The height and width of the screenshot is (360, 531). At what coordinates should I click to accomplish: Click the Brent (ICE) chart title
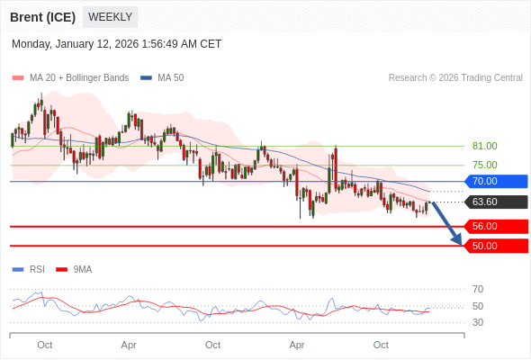[x=41, y=17]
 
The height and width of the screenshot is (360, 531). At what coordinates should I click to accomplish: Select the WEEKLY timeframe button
[x=110, y=17]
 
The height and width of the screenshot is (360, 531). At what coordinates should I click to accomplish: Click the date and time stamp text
[x=116, y=44]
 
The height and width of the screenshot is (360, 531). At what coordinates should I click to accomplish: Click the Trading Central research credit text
[x=455, y=78]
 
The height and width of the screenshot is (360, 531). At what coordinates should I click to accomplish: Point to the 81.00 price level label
[x=484, y=146]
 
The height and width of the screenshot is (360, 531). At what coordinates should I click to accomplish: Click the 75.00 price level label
[x=484, y=165]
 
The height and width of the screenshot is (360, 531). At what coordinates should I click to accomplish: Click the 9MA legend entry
[x=82, y=269]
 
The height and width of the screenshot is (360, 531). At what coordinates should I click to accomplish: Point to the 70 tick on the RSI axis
[x=478, y=289]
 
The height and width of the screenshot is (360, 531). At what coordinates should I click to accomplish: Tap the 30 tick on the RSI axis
[x=478, y=322]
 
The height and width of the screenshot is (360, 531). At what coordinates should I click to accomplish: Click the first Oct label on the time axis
[x=45, y=345]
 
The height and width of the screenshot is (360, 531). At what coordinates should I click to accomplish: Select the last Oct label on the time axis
[x=381, y=345]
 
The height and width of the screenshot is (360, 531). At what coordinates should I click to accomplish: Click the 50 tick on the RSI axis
[x=478, y=306]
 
